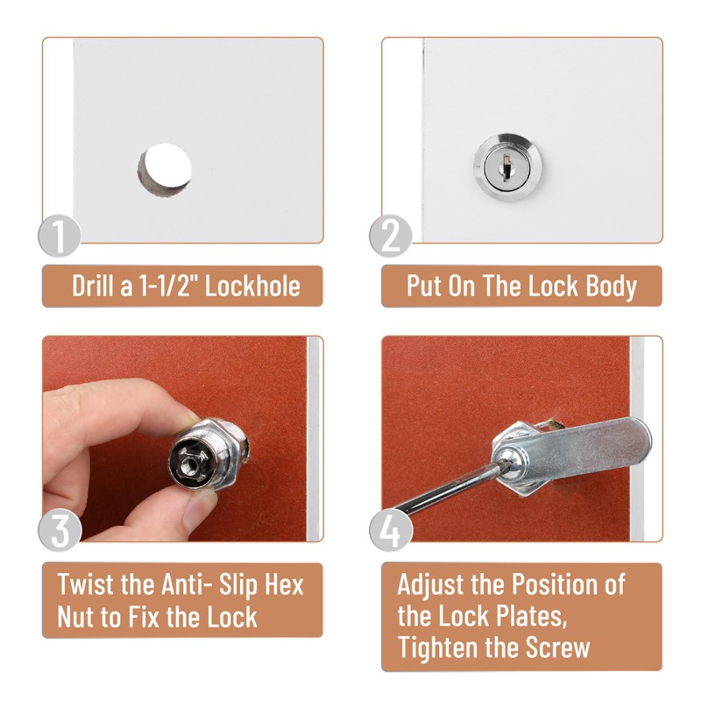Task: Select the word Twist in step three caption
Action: tap(85, 584)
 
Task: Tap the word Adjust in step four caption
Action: tap(435, 584)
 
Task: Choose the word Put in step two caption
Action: tap(424, 287)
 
